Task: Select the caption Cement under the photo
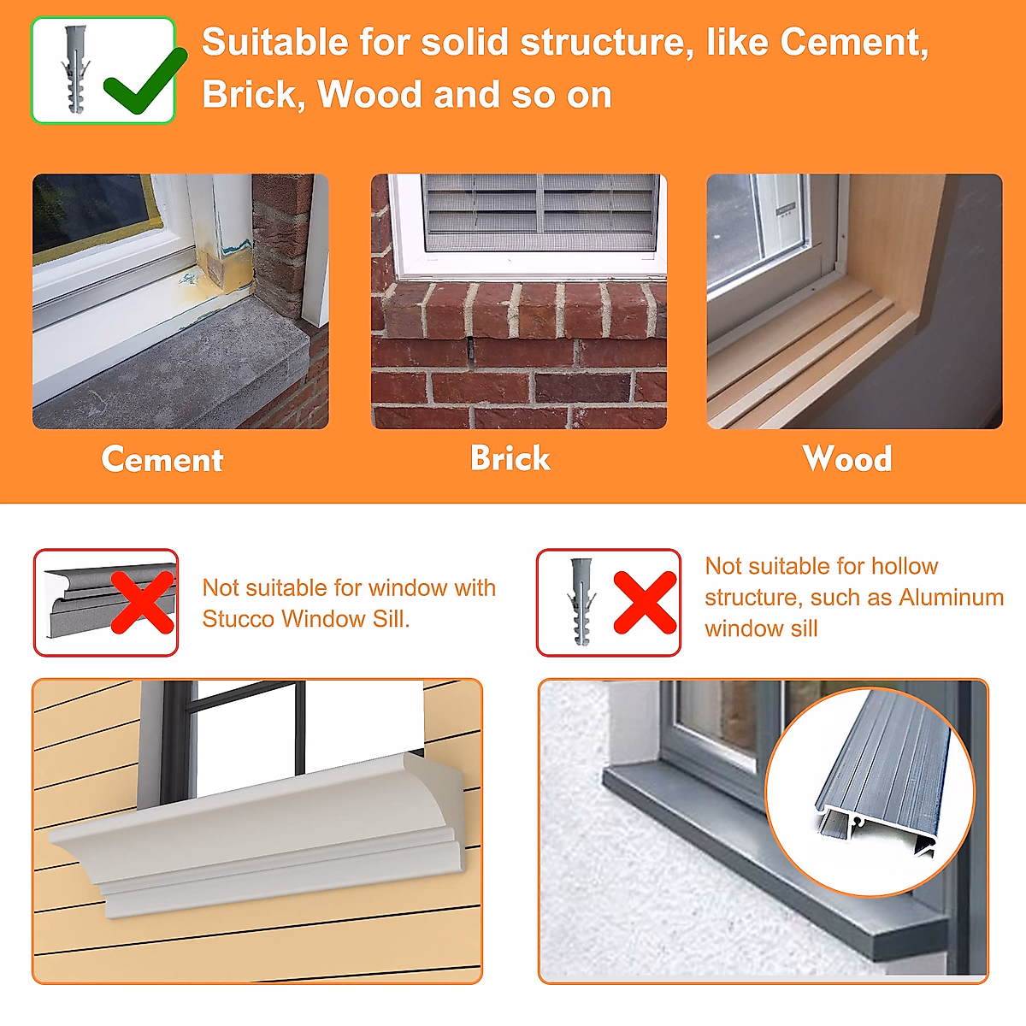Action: [162, 460]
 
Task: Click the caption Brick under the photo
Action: [510, 458]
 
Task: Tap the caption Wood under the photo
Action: [847, 459]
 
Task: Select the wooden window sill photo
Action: [854, 301]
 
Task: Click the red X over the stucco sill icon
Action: [143, 603]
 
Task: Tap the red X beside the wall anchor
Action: [645, 603]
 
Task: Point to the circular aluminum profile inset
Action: [870, 791]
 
